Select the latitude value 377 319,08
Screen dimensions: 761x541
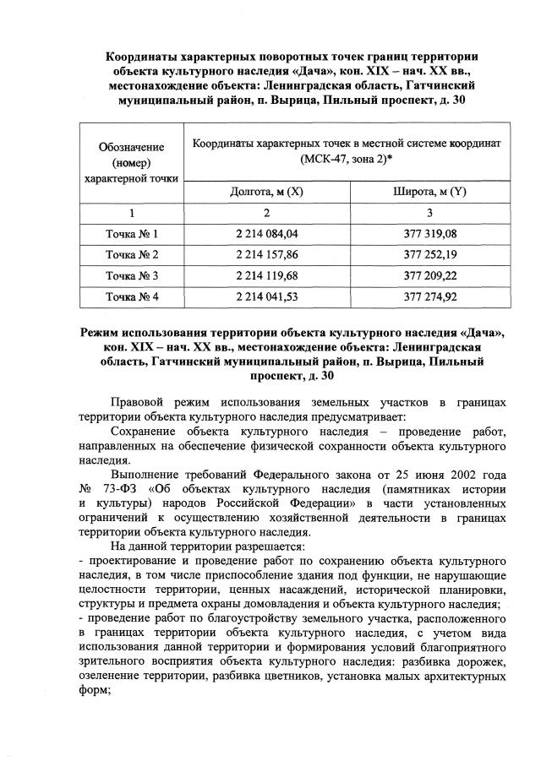point(430,232)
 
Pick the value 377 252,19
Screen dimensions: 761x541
point(430,254)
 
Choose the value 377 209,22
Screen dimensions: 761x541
point(430,275)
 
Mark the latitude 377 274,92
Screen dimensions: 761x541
point(430,296)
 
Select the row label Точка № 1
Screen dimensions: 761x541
point(132,232)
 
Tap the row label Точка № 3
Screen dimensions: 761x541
point(132,275)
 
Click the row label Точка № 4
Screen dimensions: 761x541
point(132,296)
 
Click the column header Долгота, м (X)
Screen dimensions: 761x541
point(266,193)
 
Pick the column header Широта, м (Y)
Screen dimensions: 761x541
point(430,193)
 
